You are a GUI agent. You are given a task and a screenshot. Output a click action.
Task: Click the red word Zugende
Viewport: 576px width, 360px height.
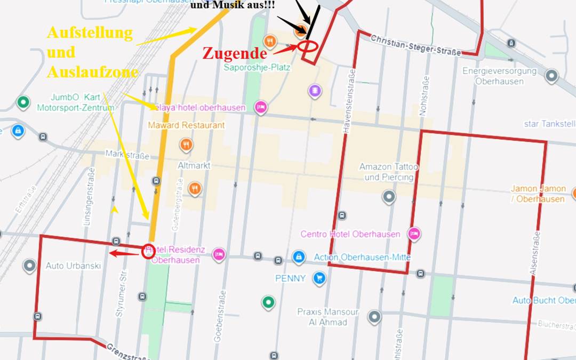[x=234, y=53]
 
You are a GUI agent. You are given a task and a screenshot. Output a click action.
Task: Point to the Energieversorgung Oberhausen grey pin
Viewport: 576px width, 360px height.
[x=551, y=76]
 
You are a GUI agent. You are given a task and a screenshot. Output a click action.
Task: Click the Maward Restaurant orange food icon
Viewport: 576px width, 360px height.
[x=186, y=144]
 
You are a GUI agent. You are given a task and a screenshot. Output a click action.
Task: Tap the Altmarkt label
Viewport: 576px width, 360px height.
[x=194, y=166]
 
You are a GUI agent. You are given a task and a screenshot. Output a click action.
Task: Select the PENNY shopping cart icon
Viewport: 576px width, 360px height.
[x=319, y=278]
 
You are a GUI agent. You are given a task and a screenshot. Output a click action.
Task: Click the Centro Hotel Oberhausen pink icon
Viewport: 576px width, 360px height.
[x=414, y=234]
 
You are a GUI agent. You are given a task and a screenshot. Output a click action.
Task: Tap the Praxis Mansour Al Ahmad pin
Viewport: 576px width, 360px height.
[x=374, y=317]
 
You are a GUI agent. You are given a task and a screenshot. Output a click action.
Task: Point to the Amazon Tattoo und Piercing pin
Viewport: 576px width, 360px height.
[x=389, y=197]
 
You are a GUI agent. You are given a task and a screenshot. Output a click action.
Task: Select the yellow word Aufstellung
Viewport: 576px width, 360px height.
[x=89, y=33]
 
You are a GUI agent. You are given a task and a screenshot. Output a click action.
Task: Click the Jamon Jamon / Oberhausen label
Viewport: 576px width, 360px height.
[x=538, y=194]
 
